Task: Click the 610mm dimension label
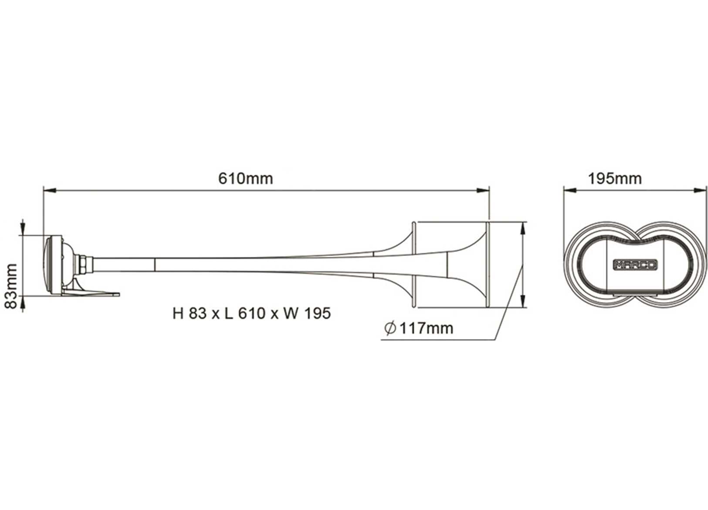(245, 178)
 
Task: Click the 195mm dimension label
(615, 178)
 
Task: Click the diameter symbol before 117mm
(390, 328)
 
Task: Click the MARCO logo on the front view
(635, 265)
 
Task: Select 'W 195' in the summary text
(307, 313)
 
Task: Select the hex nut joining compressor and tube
(82, 263)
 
